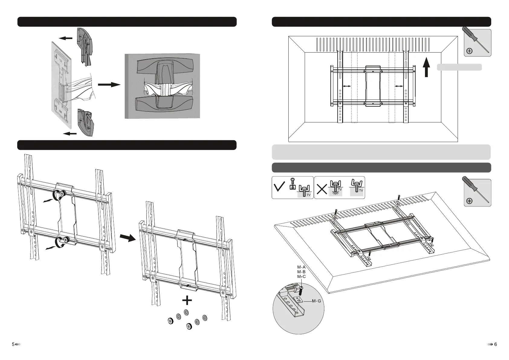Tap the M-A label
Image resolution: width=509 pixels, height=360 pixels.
pyautogui.click(x=301, y=267)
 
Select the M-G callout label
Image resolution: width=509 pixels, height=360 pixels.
pyautogui.click(x=316, y=301)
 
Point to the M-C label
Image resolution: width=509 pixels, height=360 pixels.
pyautogui.click(x=301, y=276)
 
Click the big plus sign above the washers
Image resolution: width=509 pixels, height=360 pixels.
pyautogui.click(x=187, y=300)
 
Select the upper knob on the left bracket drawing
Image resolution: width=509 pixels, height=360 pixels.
pyautogui.click(x=63, y=194)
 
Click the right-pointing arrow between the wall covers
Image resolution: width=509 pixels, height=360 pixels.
pyautogui.click(x=109, y=85)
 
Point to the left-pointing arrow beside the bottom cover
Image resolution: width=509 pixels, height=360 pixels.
pyautogui.click(x=69, y=133)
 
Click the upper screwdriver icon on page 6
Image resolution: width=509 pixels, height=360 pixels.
pyautogui.click(x=478, y=43)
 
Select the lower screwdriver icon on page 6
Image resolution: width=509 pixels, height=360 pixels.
pyautogui.click(x=478, y=193)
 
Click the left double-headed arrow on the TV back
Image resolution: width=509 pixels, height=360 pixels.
pyautogui.click(x=347, y=86)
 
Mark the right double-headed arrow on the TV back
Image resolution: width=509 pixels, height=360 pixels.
pyautogui.click(x=399, y=86)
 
